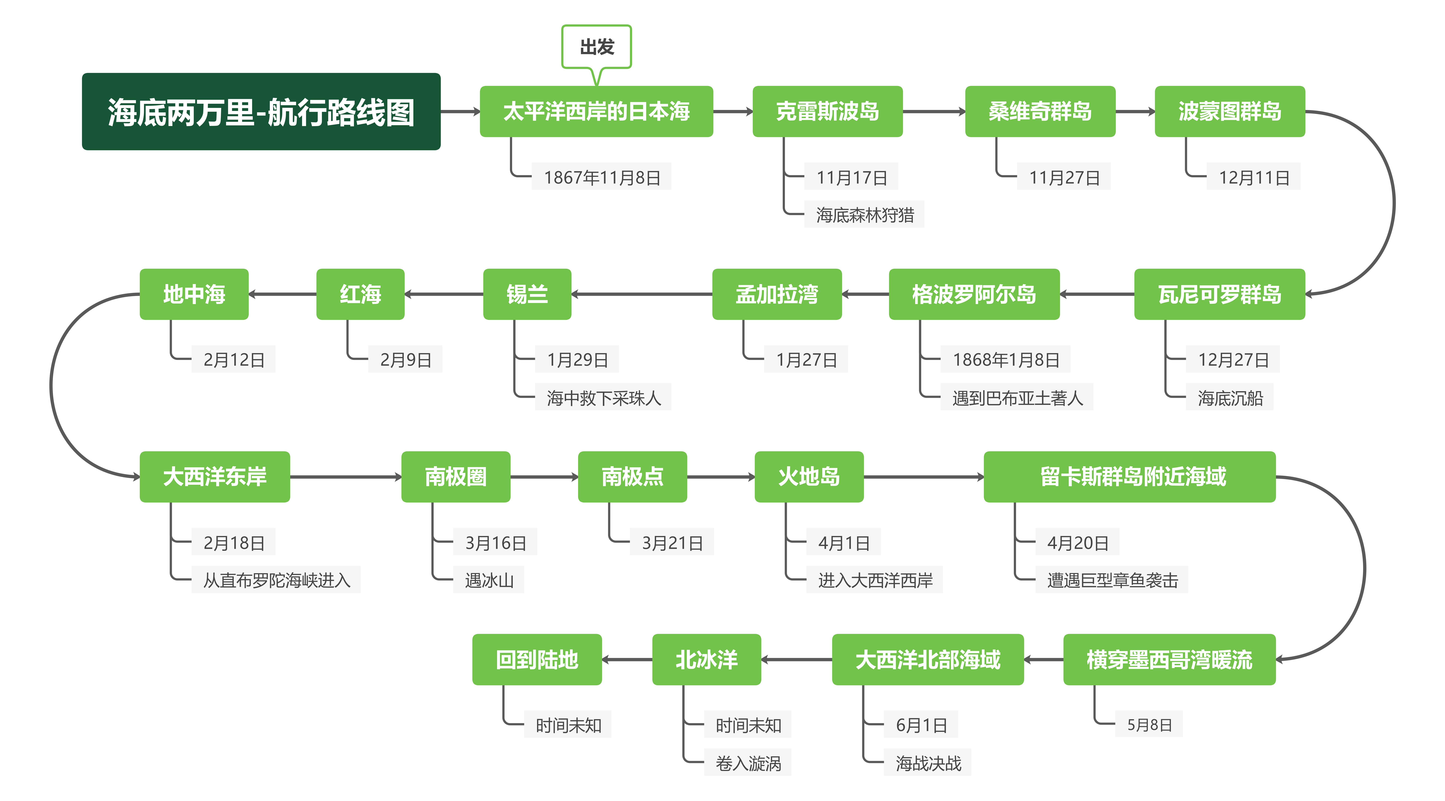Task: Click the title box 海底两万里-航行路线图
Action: (261, 112)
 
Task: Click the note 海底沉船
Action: (1230, 398)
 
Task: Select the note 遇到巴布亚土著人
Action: (1016, 398)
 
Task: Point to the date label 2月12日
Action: (233, 359)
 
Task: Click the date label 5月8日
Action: (1149, 725)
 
